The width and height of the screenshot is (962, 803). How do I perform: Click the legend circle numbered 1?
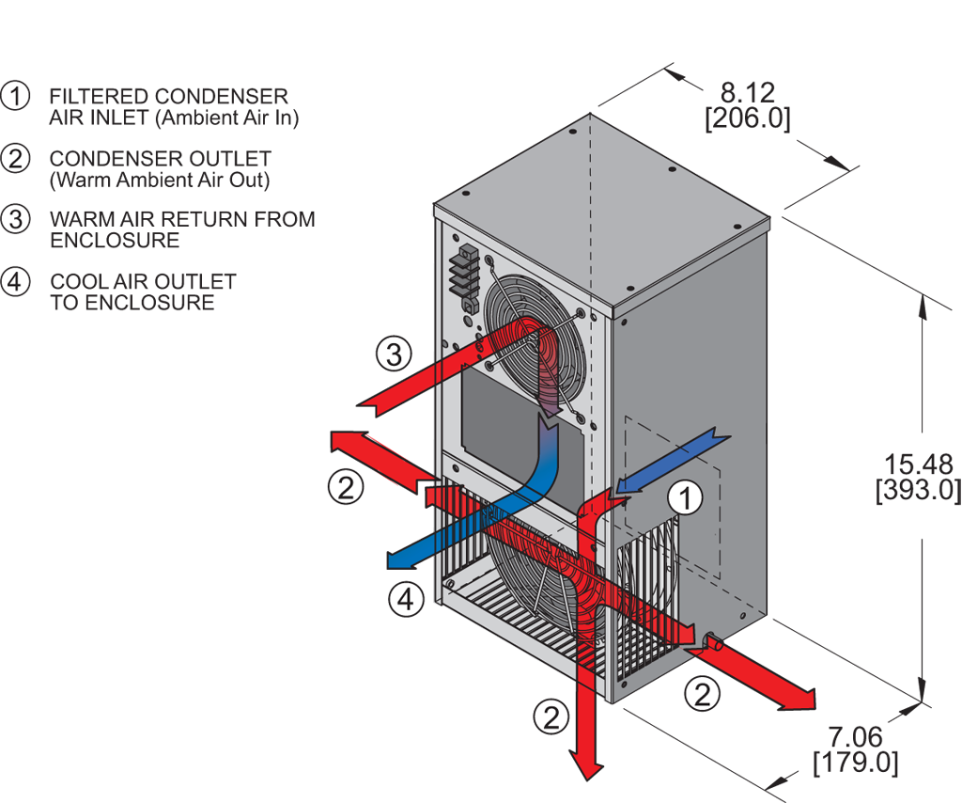15,96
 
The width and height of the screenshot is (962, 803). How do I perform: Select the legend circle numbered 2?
15,158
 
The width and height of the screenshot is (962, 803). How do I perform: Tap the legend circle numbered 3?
15,219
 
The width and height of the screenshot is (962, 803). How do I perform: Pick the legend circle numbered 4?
15,281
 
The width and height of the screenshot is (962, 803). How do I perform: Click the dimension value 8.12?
747,92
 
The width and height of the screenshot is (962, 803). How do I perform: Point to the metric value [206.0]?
747,118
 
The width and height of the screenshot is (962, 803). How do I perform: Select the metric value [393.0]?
919,489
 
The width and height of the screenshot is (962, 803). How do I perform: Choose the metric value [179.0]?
855,761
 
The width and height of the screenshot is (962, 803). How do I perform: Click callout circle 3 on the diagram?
395,354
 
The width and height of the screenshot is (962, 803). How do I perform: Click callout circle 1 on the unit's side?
686,498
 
